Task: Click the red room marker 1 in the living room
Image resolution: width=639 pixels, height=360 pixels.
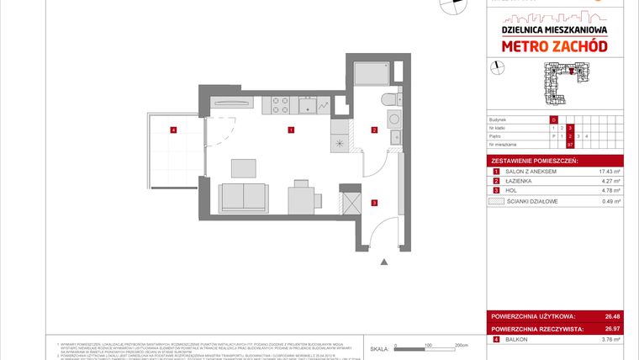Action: (290, 130)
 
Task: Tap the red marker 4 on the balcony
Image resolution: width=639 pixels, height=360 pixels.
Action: (173, 130)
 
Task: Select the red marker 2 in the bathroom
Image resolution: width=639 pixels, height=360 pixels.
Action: (374, 130)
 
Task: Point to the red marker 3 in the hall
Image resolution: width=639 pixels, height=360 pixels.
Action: (374, 202)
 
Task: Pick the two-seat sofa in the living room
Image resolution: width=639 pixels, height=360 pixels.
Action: (244, 199)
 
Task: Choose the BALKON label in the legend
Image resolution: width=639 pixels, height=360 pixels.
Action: (515, 340)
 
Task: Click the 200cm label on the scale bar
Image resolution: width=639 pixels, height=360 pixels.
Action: (460, 346)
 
